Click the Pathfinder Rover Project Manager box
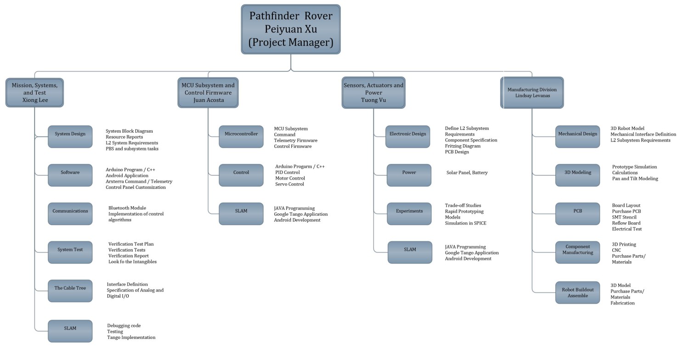(291, 29)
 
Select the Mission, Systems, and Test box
(34, 92)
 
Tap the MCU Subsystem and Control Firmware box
(208, 92)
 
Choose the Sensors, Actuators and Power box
(373, 92)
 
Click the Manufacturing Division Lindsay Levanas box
(532, 92)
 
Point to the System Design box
(70, 136)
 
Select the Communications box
(70, 214)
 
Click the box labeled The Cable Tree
(70, 291)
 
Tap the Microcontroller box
(241, 136)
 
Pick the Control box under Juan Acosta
(241, 175)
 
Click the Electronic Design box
(407, 136)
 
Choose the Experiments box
(409, 214)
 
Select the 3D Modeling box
(577, 175)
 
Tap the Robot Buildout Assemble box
(577, 292)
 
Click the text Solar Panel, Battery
(467, 173)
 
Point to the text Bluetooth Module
(127, 208)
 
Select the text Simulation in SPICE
(465, 223)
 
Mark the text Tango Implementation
(131, 337)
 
